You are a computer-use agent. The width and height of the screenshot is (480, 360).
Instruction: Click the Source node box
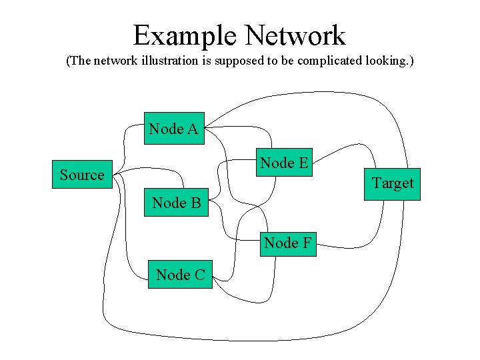tap(83, 175)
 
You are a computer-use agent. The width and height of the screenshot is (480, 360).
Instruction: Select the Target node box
tap(392, 184)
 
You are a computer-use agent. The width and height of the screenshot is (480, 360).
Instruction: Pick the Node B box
tap(177, 203)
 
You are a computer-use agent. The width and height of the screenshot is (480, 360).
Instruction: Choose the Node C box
tap(180, 274)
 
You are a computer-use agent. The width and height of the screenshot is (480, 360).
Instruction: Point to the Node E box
tap(285, 163)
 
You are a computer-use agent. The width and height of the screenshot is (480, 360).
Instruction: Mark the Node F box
tap(288, 243)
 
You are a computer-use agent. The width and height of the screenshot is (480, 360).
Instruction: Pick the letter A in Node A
tap(193, 129)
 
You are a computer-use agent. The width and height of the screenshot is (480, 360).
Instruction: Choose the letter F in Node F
tap(307, 243)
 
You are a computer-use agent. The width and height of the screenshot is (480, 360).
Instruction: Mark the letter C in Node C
tap(199, 274)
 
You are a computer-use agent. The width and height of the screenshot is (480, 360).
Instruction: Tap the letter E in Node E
tap(303, 163)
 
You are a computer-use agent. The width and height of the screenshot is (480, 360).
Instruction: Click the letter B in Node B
tap(195, 203)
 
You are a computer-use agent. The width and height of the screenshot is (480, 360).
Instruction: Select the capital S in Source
tap(64, 175)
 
